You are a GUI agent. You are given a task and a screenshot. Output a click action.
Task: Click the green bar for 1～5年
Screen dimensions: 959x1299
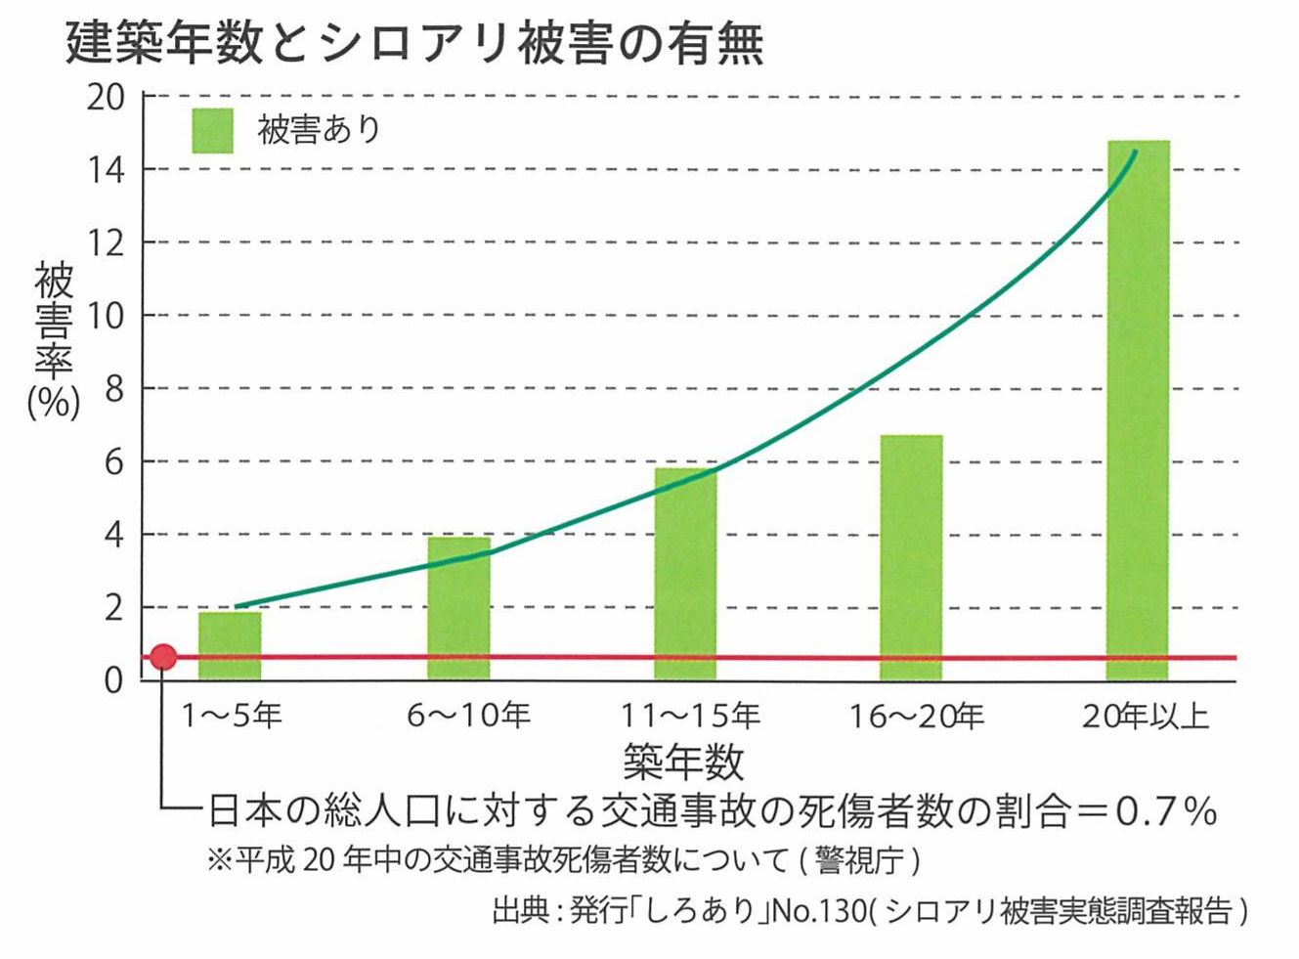[230, 645]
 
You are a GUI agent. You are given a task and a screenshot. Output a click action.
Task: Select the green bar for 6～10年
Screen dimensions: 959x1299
[458, 608]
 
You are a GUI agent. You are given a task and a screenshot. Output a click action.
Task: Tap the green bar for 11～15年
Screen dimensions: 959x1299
[685, 574]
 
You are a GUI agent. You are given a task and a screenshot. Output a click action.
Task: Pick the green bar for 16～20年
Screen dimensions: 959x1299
[911, 557]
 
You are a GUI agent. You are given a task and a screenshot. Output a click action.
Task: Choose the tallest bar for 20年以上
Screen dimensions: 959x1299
[1138, 411]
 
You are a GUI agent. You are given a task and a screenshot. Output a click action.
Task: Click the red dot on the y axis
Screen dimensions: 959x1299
[163, 657]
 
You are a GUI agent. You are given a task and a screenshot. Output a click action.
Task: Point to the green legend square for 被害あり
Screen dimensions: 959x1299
[212, 131]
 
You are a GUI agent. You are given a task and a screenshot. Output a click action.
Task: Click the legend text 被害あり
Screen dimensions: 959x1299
[319, 130]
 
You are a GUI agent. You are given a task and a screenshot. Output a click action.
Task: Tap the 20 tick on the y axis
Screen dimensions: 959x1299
[106, 98]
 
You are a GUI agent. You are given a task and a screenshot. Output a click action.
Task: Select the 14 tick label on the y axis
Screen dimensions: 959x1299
[106, 171]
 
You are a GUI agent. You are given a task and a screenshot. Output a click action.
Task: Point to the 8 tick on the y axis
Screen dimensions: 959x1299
[115, 389]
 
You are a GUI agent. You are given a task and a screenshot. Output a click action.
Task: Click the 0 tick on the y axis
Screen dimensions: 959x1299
[115, 679]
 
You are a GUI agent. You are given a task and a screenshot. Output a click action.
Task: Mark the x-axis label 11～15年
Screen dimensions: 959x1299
[690, 717]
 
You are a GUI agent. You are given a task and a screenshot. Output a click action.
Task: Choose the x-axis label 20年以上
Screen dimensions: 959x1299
[1145, 717]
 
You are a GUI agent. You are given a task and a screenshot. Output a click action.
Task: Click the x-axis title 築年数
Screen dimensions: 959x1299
[683, 761]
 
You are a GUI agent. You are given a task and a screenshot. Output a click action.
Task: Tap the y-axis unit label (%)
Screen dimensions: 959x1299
[54, 401]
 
